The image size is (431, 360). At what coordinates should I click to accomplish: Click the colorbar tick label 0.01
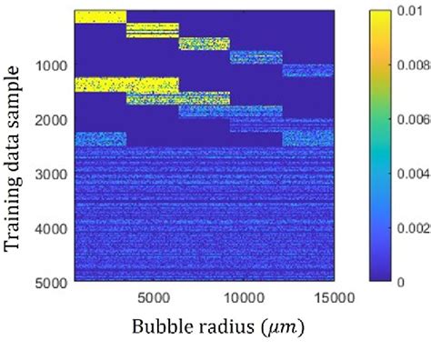(412, 11)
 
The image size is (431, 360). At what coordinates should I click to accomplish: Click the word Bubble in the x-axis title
(161, 326)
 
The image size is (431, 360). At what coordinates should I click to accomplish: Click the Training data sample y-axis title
(14, 150)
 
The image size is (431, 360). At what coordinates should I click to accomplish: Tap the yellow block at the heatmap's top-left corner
(98, 15)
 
